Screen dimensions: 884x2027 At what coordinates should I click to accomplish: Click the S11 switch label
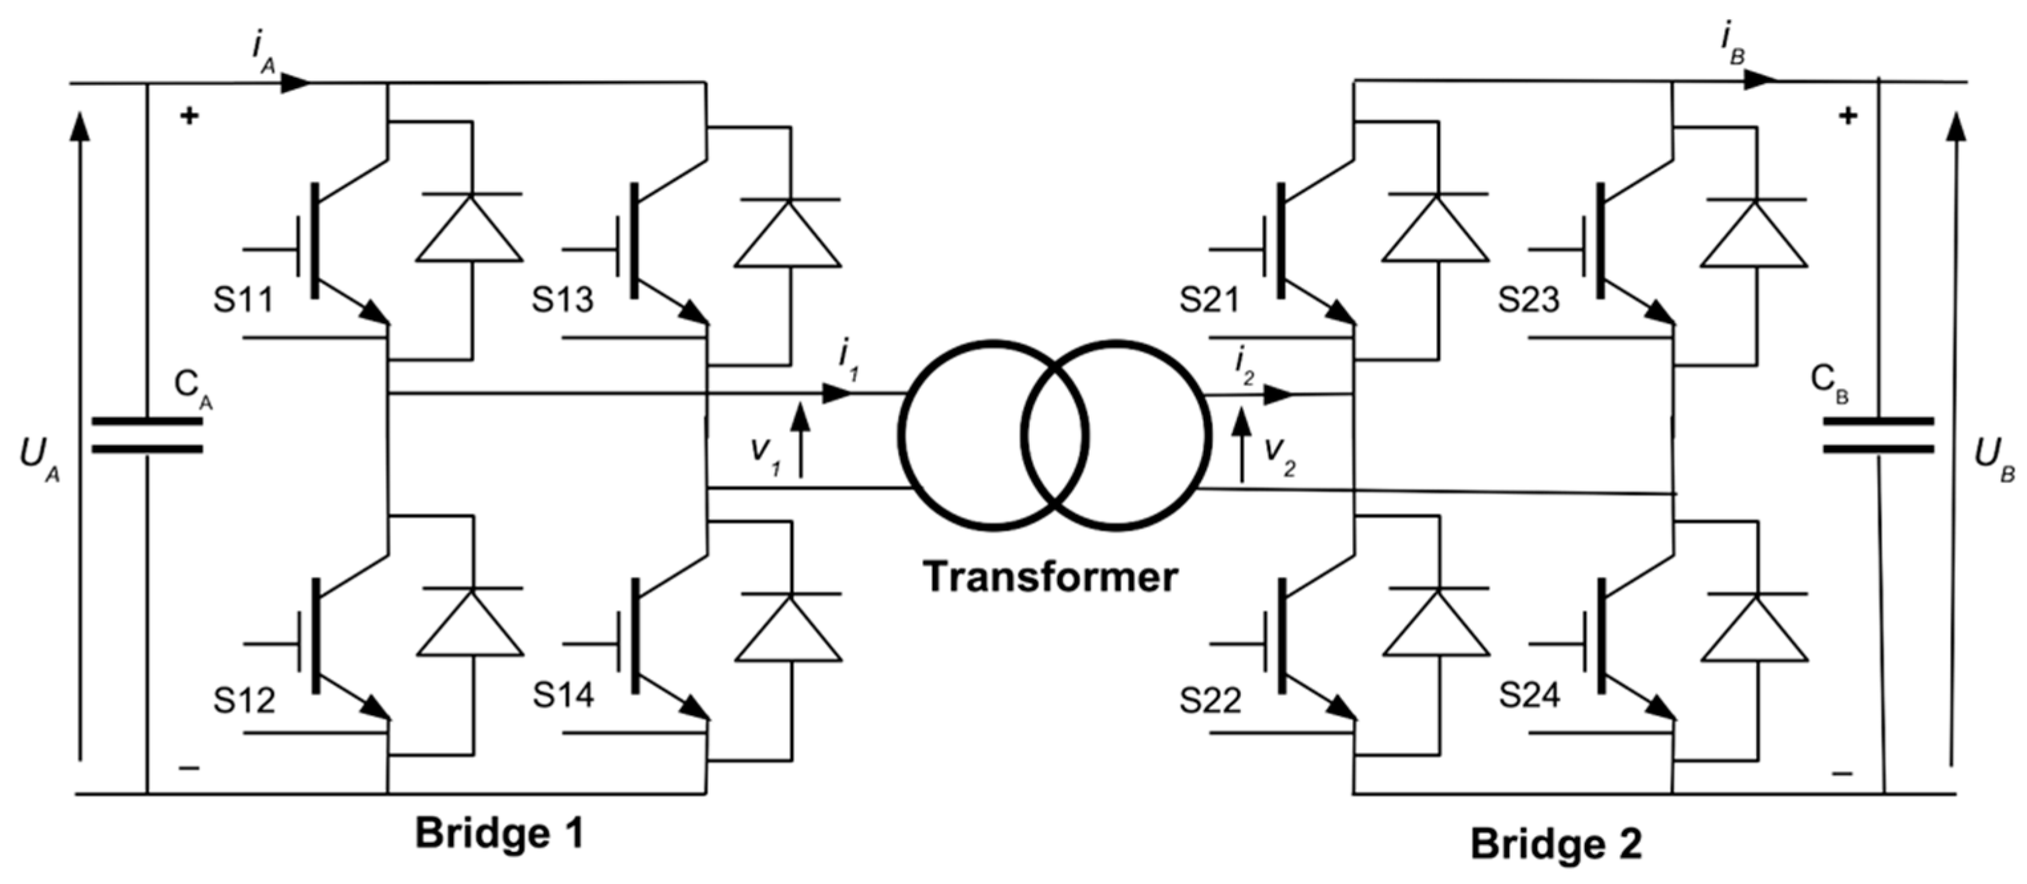243,300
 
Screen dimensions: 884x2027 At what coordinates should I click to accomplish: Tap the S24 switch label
1528,696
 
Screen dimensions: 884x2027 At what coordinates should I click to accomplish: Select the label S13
562,300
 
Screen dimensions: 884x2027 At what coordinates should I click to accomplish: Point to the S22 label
1210,700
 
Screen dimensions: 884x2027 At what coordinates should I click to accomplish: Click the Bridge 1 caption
500,834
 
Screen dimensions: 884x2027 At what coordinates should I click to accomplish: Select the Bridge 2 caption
1556,844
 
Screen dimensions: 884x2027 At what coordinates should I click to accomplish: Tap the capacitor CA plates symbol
147,435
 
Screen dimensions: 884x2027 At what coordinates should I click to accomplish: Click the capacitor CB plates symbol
1878,435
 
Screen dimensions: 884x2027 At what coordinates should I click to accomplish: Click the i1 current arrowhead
836,394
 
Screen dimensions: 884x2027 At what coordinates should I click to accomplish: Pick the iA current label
263,54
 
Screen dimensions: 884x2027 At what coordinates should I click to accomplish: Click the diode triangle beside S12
471,625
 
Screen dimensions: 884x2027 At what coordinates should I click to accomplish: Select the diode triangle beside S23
1753,236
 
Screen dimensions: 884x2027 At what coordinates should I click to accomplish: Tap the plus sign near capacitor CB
1848,116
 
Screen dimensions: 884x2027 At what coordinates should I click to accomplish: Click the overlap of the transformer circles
1054,435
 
